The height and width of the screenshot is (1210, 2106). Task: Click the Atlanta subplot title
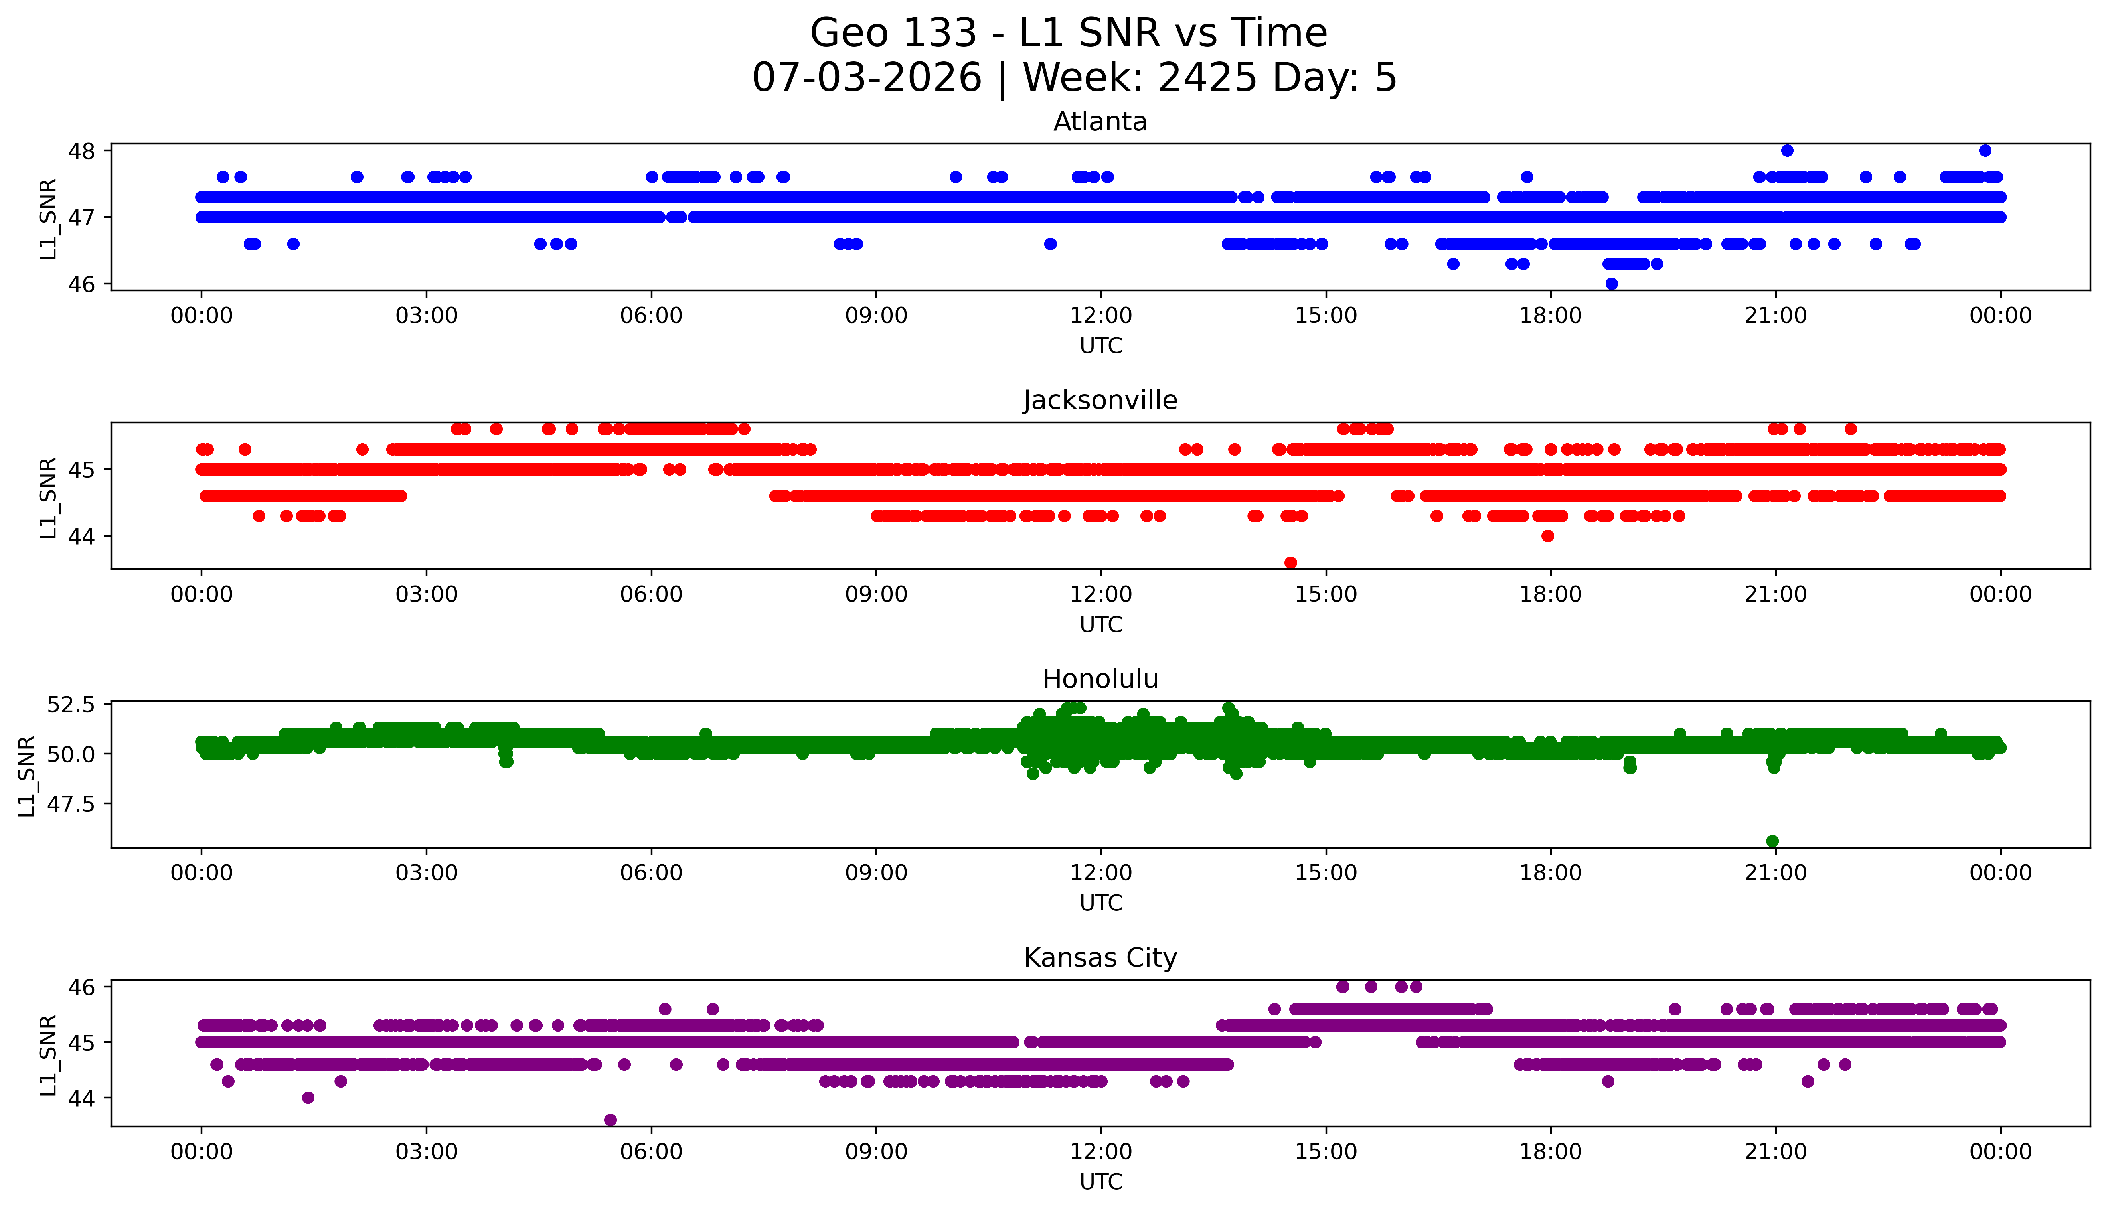coord(1100,122)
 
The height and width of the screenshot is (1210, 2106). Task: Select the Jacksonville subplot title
coord(1100,401)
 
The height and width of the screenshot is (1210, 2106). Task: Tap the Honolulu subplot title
coord(1100,679)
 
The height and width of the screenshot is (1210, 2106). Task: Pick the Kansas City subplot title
coord(1100,958)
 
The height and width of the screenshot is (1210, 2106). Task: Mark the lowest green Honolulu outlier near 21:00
coord(1772,841)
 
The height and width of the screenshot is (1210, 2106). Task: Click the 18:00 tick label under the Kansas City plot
coord(1551,1152)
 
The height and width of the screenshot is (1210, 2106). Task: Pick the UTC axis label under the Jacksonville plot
coord(1100,624)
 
